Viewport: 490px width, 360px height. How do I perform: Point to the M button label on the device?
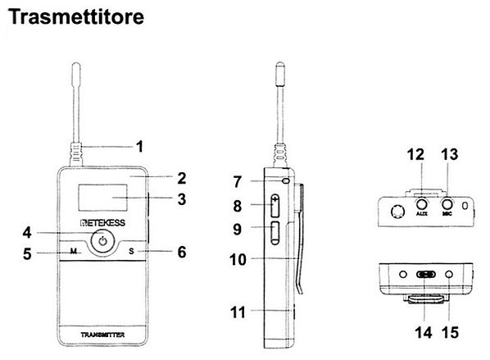tap(73, 251)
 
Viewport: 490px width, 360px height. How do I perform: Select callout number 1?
tap(139, 148)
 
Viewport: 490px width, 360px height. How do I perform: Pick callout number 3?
tap(182, 198)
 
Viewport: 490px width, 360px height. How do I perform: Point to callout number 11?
tap(238, 312)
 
